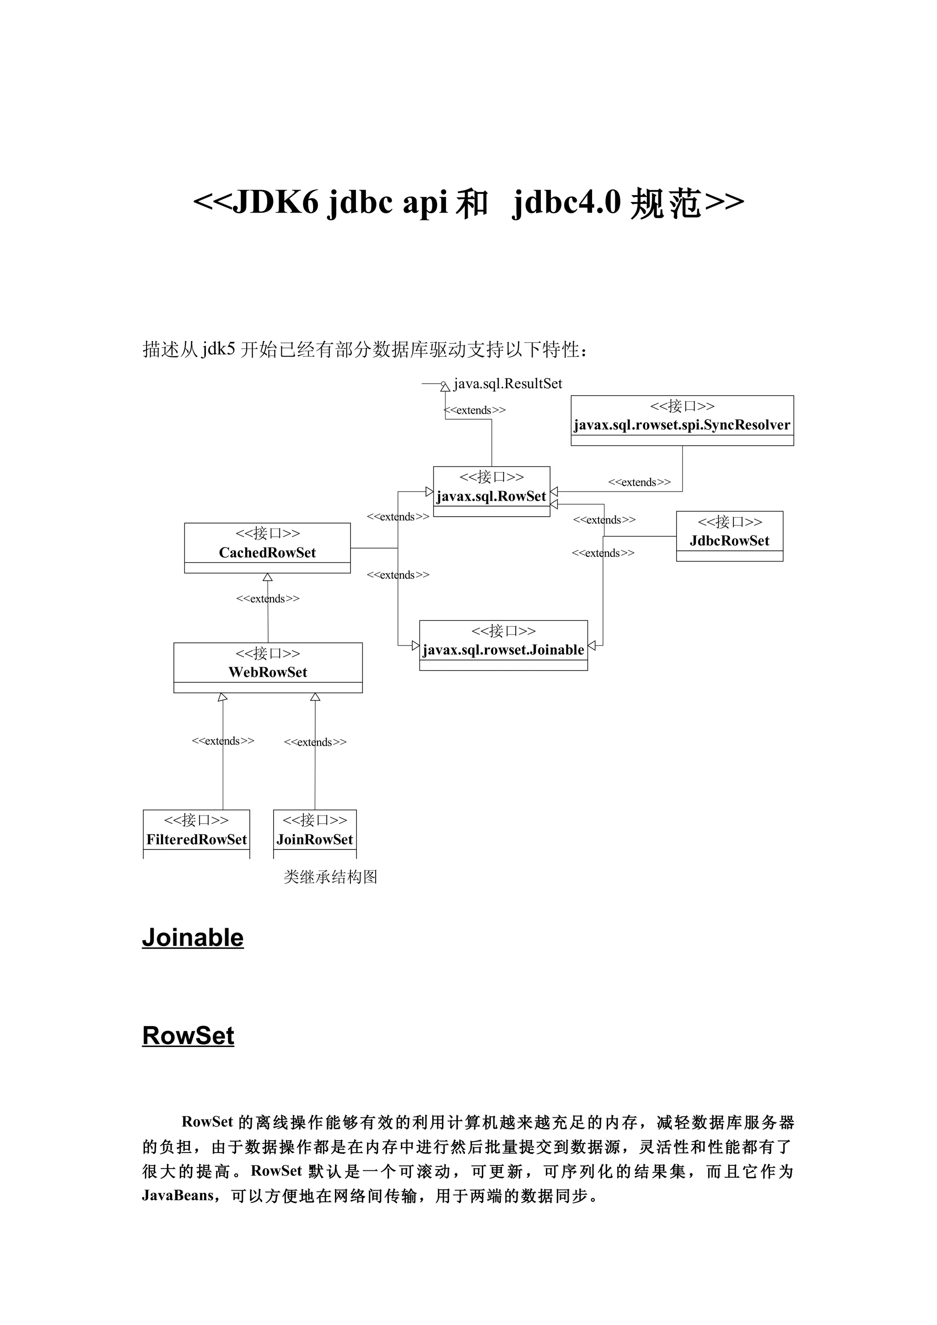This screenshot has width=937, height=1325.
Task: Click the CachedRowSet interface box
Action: coord(267,548)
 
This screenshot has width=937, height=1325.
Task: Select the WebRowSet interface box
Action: coord(268,667)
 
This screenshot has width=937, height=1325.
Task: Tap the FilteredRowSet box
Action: coord(196,833)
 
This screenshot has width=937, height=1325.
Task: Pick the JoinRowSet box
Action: coord(315,833)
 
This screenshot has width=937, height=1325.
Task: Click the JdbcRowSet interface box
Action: coord(729,535)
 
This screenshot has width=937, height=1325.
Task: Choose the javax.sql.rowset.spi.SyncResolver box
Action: coord(682,420)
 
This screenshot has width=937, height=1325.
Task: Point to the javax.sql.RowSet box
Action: coord(491,491)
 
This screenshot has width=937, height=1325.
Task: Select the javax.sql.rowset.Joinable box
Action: coord(503,645)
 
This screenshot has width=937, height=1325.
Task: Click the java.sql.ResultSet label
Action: coord(507,384)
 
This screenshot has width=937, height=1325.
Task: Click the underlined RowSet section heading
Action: coord(188,1052)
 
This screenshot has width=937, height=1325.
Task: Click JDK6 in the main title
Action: coord(275,203)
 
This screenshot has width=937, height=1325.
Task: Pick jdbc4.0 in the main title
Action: coord(566,203)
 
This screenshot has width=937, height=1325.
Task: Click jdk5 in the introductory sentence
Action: coord(218,349)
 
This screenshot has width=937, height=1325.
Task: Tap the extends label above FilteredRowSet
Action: coord(223,740)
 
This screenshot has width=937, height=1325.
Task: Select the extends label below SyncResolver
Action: coord(639,482)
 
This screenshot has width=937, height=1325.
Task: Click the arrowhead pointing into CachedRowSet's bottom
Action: coord(267,577)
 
